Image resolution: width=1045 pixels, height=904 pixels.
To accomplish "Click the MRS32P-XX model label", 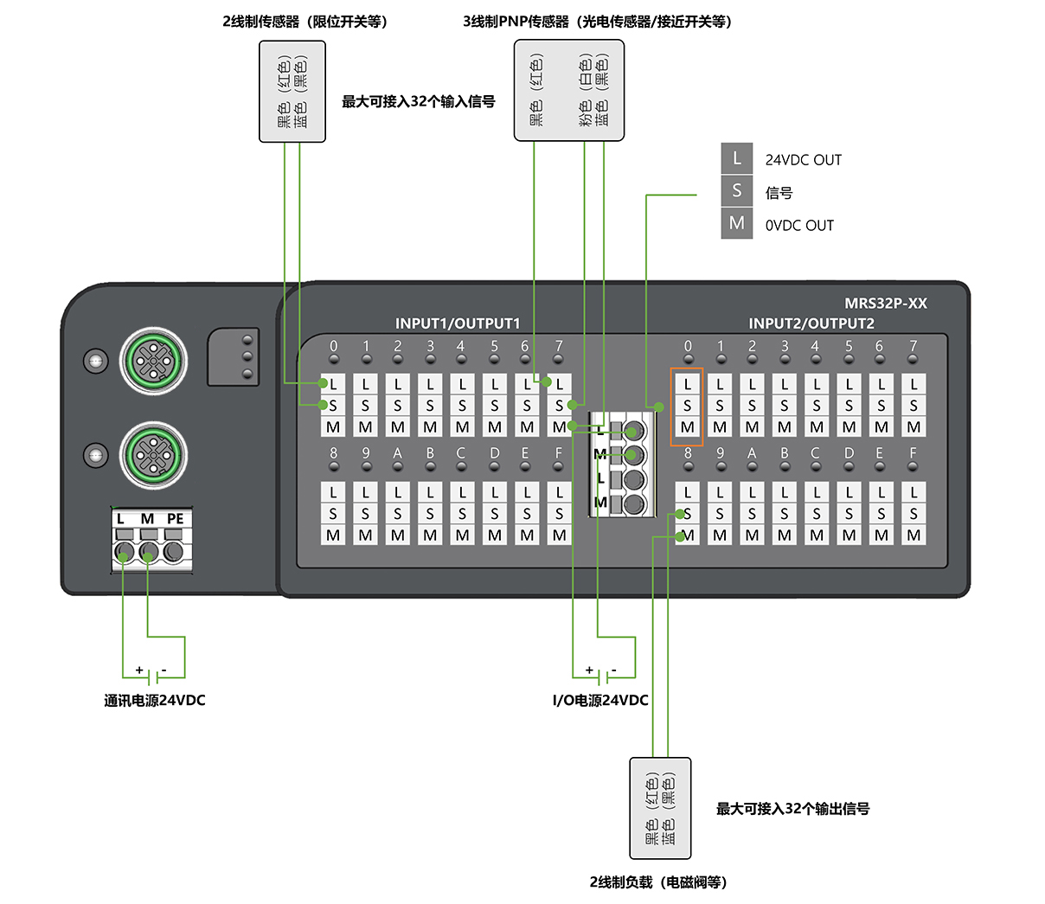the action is [x=885, y=304].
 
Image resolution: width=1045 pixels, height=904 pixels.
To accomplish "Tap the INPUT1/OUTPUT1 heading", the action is [x=458, y=324].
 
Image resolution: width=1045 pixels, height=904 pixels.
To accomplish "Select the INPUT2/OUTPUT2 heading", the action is [x=811, y=324].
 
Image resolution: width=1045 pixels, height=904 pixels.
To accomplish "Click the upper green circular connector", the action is [x=154, y=361].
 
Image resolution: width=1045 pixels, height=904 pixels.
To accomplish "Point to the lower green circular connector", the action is [x=154, y=456].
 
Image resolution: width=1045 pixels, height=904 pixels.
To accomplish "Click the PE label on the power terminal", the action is [x=175, y=519].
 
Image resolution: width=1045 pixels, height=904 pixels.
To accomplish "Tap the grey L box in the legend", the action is [x=737, y=159].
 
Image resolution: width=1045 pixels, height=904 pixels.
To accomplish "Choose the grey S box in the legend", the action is [x=737, y=190].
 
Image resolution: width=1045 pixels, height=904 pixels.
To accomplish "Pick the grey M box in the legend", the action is [x=737, y=223].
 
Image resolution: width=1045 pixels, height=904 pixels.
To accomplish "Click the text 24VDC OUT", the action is [x=803, y=160].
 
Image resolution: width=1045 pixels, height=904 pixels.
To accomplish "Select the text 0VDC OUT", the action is [x=799, y=226].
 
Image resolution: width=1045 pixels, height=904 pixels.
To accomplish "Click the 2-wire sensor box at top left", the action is [x=292, y=92].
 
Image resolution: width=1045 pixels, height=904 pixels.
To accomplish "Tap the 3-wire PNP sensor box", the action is [x=568, y=91].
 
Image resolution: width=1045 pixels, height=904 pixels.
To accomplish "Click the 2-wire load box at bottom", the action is [x=660, y=808].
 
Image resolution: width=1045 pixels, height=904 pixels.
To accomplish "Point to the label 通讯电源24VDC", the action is [x=155, y=700].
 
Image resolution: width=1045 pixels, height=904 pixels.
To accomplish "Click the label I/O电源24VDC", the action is [x=600, y=700].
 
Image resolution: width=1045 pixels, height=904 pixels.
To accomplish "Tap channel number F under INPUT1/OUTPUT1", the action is [x=558, y=453].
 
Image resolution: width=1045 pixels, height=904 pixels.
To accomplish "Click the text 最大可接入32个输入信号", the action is [x=419, y=101].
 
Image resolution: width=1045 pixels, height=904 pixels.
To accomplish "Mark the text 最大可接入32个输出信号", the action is [x=792, y=809].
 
